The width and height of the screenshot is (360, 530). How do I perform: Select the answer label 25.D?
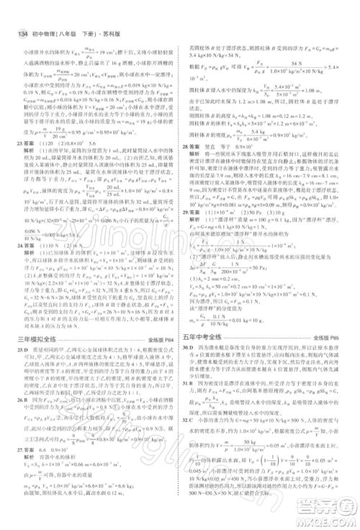point(15,349)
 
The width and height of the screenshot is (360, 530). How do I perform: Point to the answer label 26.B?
point(15,413)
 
